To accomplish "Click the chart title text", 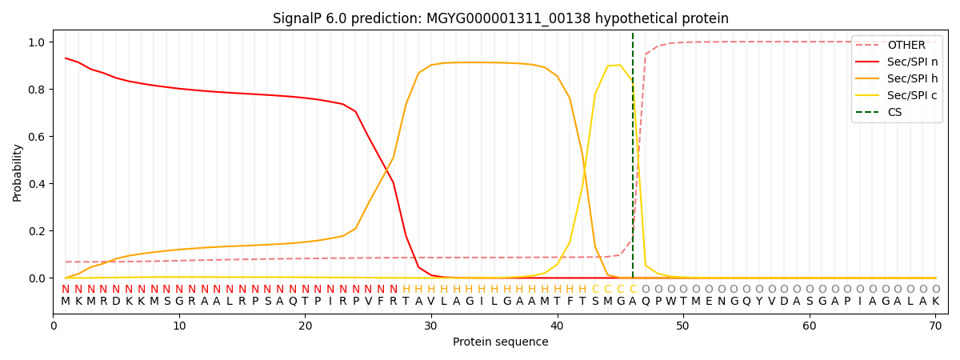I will tap(500, 18).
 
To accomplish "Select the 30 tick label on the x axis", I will tap(430, 326).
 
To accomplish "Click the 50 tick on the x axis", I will tap(682, 326).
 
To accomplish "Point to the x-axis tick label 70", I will tap(935, 326).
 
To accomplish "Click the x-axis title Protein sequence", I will tap(500, 342).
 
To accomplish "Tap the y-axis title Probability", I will tap(18, 172).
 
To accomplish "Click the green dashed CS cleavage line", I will tap(633, 160).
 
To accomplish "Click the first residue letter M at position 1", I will tap(66, 302).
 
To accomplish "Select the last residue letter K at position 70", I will tap(935, 302).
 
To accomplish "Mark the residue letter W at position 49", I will tap(670, 302).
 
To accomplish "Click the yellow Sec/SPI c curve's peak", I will tap(619, 66).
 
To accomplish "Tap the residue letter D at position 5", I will tap(116, 302).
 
